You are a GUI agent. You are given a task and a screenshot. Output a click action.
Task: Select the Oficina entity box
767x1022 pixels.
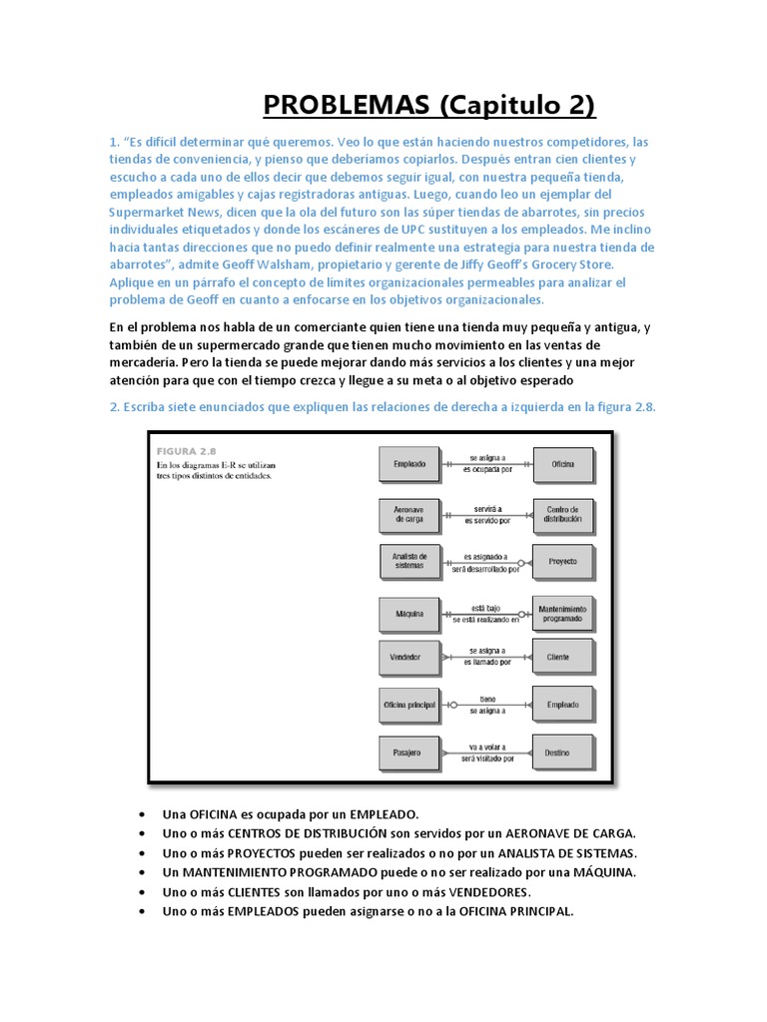562,464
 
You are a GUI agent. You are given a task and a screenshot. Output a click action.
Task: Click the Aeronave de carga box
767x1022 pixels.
409,514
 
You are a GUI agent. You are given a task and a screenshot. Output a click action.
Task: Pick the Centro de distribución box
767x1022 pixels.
562,514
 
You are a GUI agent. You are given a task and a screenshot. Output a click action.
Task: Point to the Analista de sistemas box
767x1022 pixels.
409,561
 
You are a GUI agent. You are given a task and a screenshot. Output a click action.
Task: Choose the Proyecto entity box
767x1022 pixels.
562,561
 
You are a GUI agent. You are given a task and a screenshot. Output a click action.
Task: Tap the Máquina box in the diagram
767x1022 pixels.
409,613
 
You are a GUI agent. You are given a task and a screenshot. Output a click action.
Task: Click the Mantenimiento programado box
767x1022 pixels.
562,613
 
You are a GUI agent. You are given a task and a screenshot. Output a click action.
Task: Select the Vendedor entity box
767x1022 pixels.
409,658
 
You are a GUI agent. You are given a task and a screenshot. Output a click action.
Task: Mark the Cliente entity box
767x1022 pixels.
562,658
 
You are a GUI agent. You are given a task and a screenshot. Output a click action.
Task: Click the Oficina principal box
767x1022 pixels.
409,705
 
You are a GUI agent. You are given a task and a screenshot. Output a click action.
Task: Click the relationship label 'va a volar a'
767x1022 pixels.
486,747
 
